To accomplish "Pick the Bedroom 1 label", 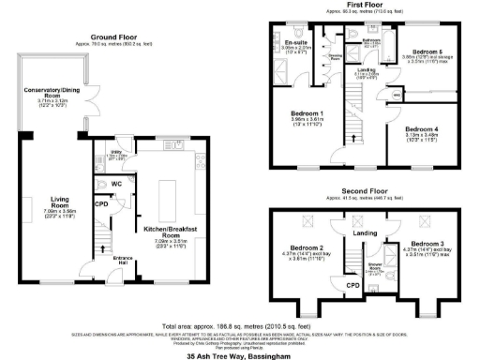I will (301, 116).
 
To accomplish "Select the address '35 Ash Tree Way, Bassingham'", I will (239, 355).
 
